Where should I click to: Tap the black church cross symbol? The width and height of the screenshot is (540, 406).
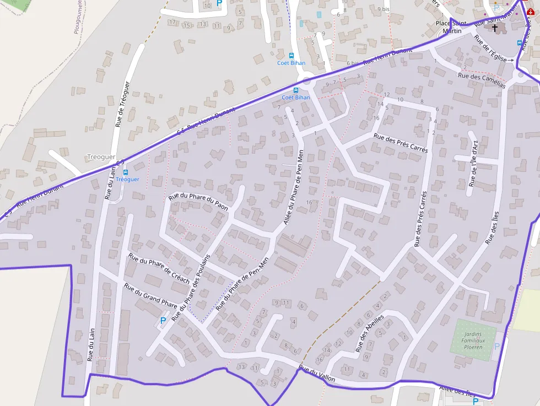coord(495,28)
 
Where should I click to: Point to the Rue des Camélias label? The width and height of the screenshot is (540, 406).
coord(481,80)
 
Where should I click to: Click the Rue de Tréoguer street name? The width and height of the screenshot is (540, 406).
coord(122,104)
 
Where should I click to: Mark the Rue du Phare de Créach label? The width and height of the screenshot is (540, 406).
coord(159,268)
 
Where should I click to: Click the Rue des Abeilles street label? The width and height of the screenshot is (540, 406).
coord(369,333)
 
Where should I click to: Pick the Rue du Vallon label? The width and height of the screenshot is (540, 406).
coord(317,375)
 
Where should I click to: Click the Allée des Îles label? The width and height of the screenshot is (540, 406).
coord(457,391)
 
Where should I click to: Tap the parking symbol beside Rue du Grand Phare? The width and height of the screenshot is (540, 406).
coord(163,320)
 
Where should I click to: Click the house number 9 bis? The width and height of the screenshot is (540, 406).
coord(384,9)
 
